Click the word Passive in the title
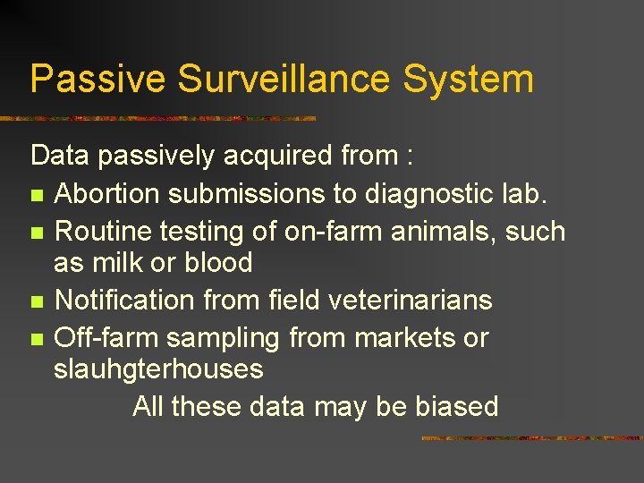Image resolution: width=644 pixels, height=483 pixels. coord(97,79)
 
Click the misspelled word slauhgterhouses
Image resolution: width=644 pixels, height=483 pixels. coord(158,369)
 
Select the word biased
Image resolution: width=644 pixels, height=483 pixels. coord(456,407)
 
